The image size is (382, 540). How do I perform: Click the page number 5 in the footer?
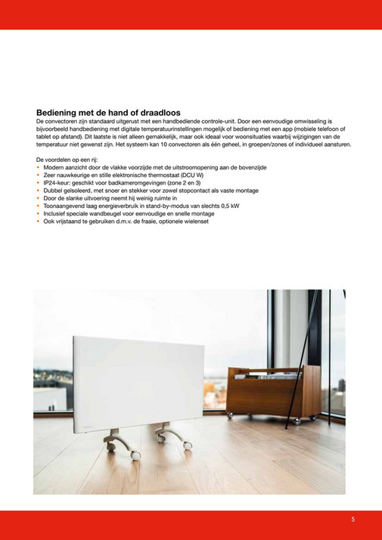coord(353,520)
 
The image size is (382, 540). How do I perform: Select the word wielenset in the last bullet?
coord(194,222)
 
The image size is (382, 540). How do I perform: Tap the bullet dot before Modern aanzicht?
coord(38,167)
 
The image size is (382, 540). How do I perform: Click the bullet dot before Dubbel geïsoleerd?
coord(38,191)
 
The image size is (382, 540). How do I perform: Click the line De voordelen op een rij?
coord(67,160)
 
